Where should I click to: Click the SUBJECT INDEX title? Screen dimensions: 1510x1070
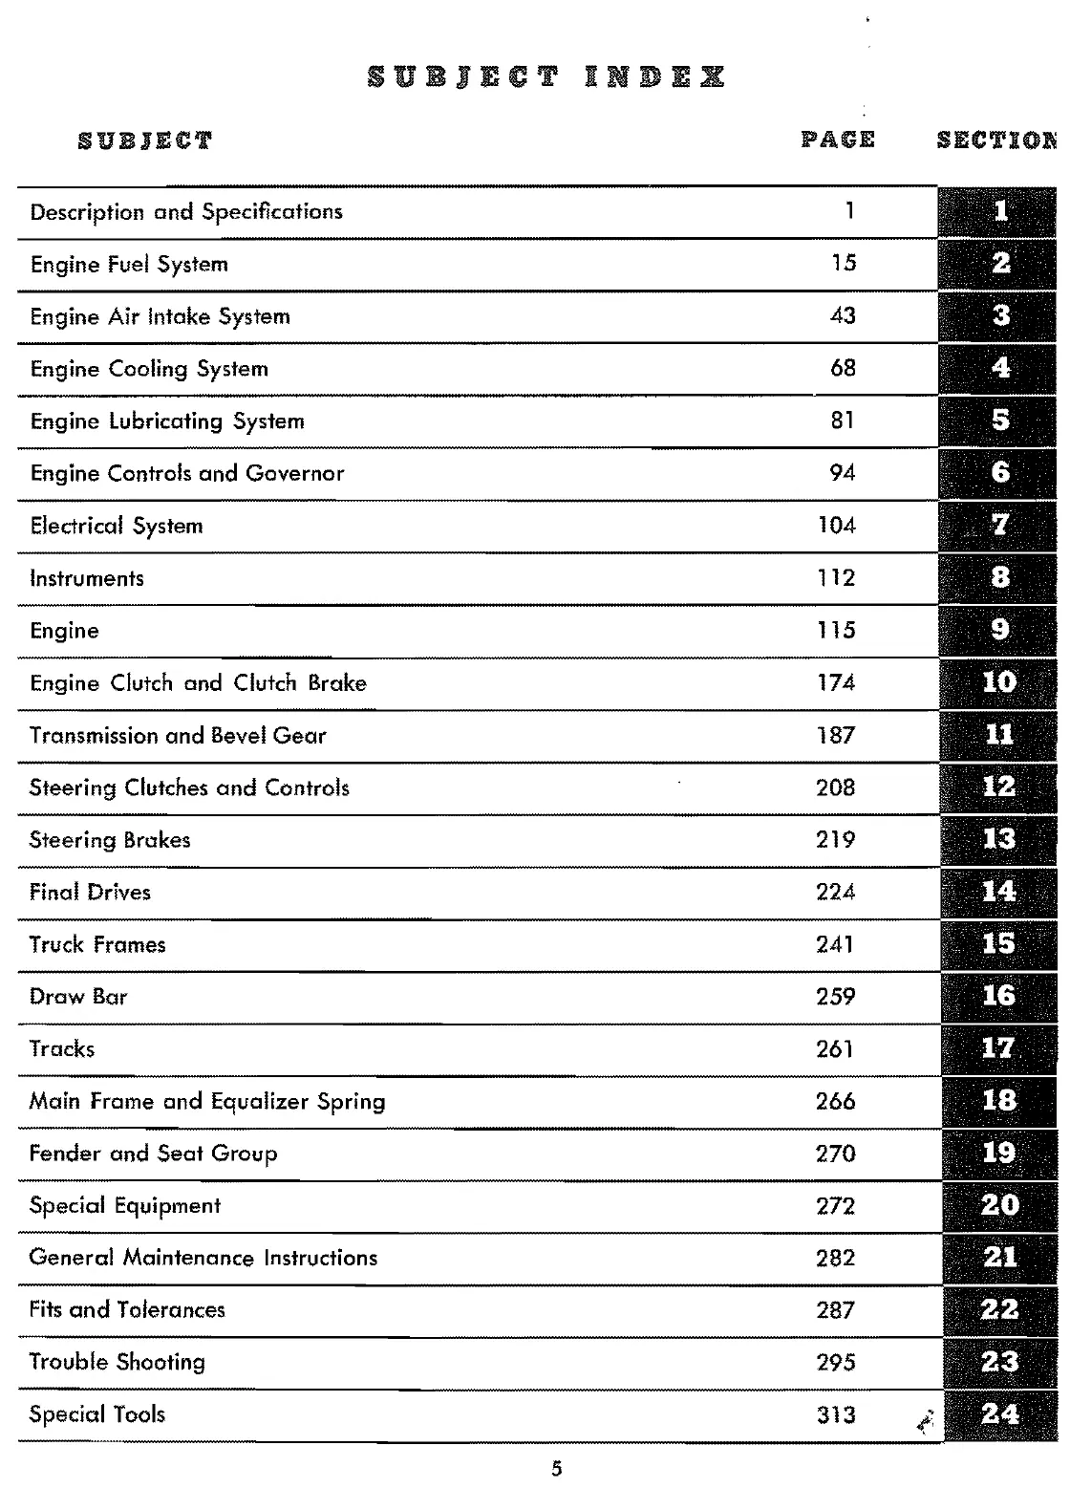pyautogui.click(x=546, y=78)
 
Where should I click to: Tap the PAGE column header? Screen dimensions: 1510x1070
pyautogui.click(x=838, y=140)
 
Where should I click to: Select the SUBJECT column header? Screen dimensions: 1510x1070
pyautogui.click(x=145, y=141)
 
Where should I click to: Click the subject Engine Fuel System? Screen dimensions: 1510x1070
pyautogui.click(x=129, y=265)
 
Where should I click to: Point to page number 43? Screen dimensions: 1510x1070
pyautogui.click(x=843, y=316)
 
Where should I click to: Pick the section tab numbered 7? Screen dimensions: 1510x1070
pyautogui.click(x=999, y=525)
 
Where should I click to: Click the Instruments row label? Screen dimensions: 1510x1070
pyautogui.click(x=87, y=578)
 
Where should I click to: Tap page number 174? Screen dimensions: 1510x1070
pyautogui.click(x=836, y=683)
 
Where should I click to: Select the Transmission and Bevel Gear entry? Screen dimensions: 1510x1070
pyautogui.click(x=178, y=736)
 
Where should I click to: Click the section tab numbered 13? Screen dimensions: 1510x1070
pyautogui.click(x=998, y=839)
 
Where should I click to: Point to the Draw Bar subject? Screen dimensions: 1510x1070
pyautogui.click(x=78, y=997)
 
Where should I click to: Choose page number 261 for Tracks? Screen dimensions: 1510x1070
pyautogui.click(x=835, y=1049)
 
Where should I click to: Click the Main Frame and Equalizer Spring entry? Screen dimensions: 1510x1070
pyautogui.click(x=207, y=1102)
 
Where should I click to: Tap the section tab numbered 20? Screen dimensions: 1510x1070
pyautogui.click(x=999, y=1205)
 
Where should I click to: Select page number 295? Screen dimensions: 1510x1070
pyautogui.click(x=836, y=1363)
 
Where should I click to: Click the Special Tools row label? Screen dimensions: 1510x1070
pyautogui.click(x=97, y=1414)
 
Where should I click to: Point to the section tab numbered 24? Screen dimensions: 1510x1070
pyautogui.click(x=999, y=1414)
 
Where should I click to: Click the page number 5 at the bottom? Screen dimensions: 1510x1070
pyautogui.click(x=557, y=1470)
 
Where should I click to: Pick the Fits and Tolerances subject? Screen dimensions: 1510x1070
pyautogui.click(x=127, y=1310)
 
